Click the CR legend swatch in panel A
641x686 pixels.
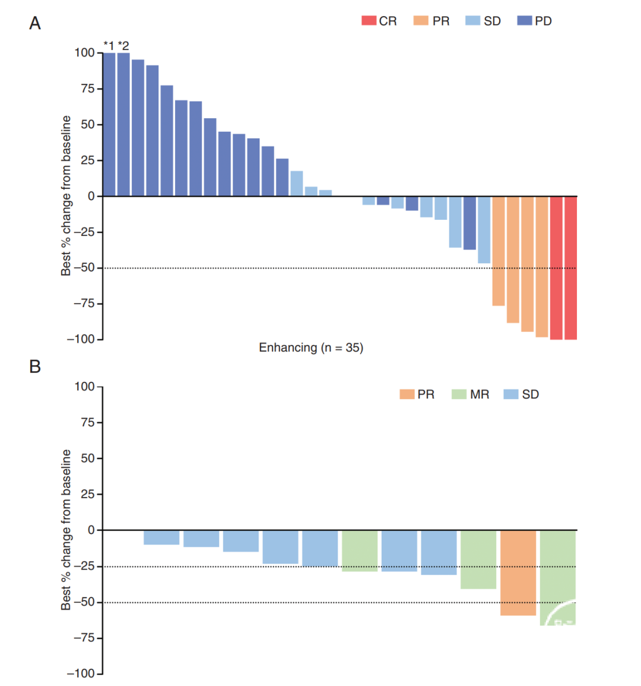pyautogui.click(x=369, y=21)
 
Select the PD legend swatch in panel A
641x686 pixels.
pyautogui.click(x=525, y=21)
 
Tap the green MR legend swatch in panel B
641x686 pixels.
pyautogui.click(x=459, y=394)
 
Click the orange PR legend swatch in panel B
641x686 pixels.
pyautogui.click(x=407, y=394)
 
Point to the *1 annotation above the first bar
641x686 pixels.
pyautogui.click(x=109, y=45)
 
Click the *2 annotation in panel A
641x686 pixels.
pyautogui.click(x=123, y=45)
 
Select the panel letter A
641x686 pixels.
pyautogui.click(x=35, y=23)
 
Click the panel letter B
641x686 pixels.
pyautogui.click(x=35, y=366)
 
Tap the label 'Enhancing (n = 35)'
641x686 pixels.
pyautogui.click(x=311, y=347)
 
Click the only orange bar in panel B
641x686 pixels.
pyautogui.click(x=518, y=573)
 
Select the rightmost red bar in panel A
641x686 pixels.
pyautogui.click(x=570, y=268)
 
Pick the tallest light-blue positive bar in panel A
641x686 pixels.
pyautogui.click(x=296, y=184)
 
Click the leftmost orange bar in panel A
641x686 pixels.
pyautogui.click(x=498, y=251)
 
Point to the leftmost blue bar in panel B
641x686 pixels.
pyautogui.click(x=161, y=538)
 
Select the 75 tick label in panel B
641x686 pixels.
pyautogui.click(x=87, y=422)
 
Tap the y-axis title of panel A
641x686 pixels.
pyautogui.click(x=66, y=195)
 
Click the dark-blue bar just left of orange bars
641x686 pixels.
pyautogui.click(x=469, y=223)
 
